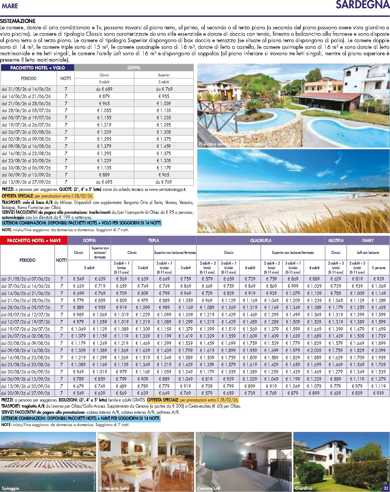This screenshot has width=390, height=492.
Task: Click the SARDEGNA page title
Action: click(362, 5)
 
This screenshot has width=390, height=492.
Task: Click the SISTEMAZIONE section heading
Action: click(18, 21)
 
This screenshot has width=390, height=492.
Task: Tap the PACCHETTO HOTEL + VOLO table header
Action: click(37, 68)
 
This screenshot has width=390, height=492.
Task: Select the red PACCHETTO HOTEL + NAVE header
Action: click(34, 241)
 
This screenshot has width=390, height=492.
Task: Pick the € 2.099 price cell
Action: click(379, 350)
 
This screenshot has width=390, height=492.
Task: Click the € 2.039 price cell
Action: click(314, 350)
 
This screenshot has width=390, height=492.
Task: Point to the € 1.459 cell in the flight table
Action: click(163, 146)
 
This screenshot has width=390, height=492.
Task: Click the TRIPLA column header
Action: click(153, 241)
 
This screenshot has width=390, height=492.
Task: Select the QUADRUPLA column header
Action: click(261, 241)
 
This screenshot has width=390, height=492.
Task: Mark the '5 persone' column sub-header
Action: click(379, 268)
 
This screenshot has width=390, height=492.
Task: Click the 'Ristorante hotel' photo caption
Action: click(114, 488)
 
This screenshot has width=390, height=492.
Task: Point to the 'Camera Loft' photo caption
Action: click(209, 488)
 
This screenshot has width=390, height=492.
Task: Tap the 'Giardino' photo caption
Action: click(304, 488)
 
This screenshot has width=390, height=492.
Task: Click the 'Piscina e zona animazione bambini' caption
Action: click(233, 144)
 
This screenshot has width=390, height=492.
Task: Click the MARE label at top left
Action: click(10, 6)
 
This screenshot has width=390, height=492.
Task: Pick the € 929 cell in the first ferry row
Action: click(379, 279)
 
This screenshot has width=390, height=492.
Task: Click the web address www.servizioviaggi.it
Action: click(168, 189)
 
